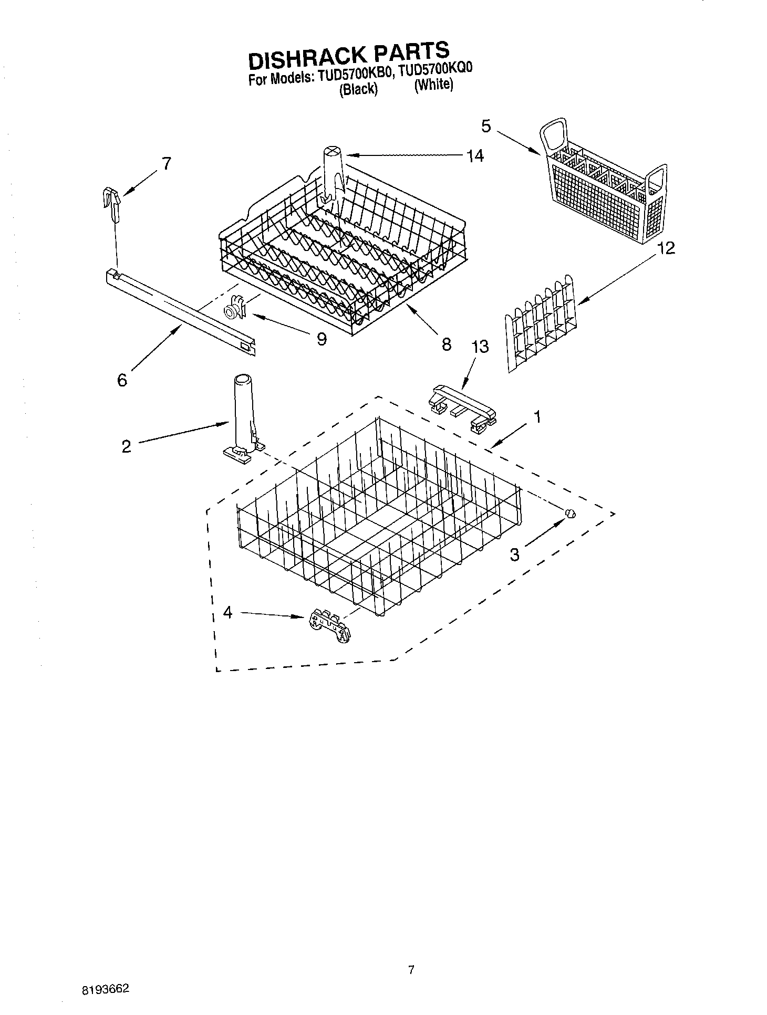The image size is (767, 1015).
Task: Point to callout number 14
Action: [475, 156]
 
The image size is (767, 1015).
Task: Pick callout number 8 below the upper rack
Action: [446, 344]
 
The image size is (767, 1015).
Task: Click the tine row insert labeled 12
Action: [541, 323]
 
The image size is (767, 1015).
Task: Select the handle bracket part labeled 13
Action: [462, 410]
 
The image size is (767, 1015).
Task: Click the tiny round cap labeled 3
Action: [570, 514]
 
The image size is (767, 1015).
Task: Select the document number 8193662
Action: [105, 989]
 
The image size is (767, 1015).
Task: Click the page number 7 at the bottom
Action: [411, 970]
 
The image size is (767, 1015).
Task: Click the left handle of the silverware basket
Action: [554, 133]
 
